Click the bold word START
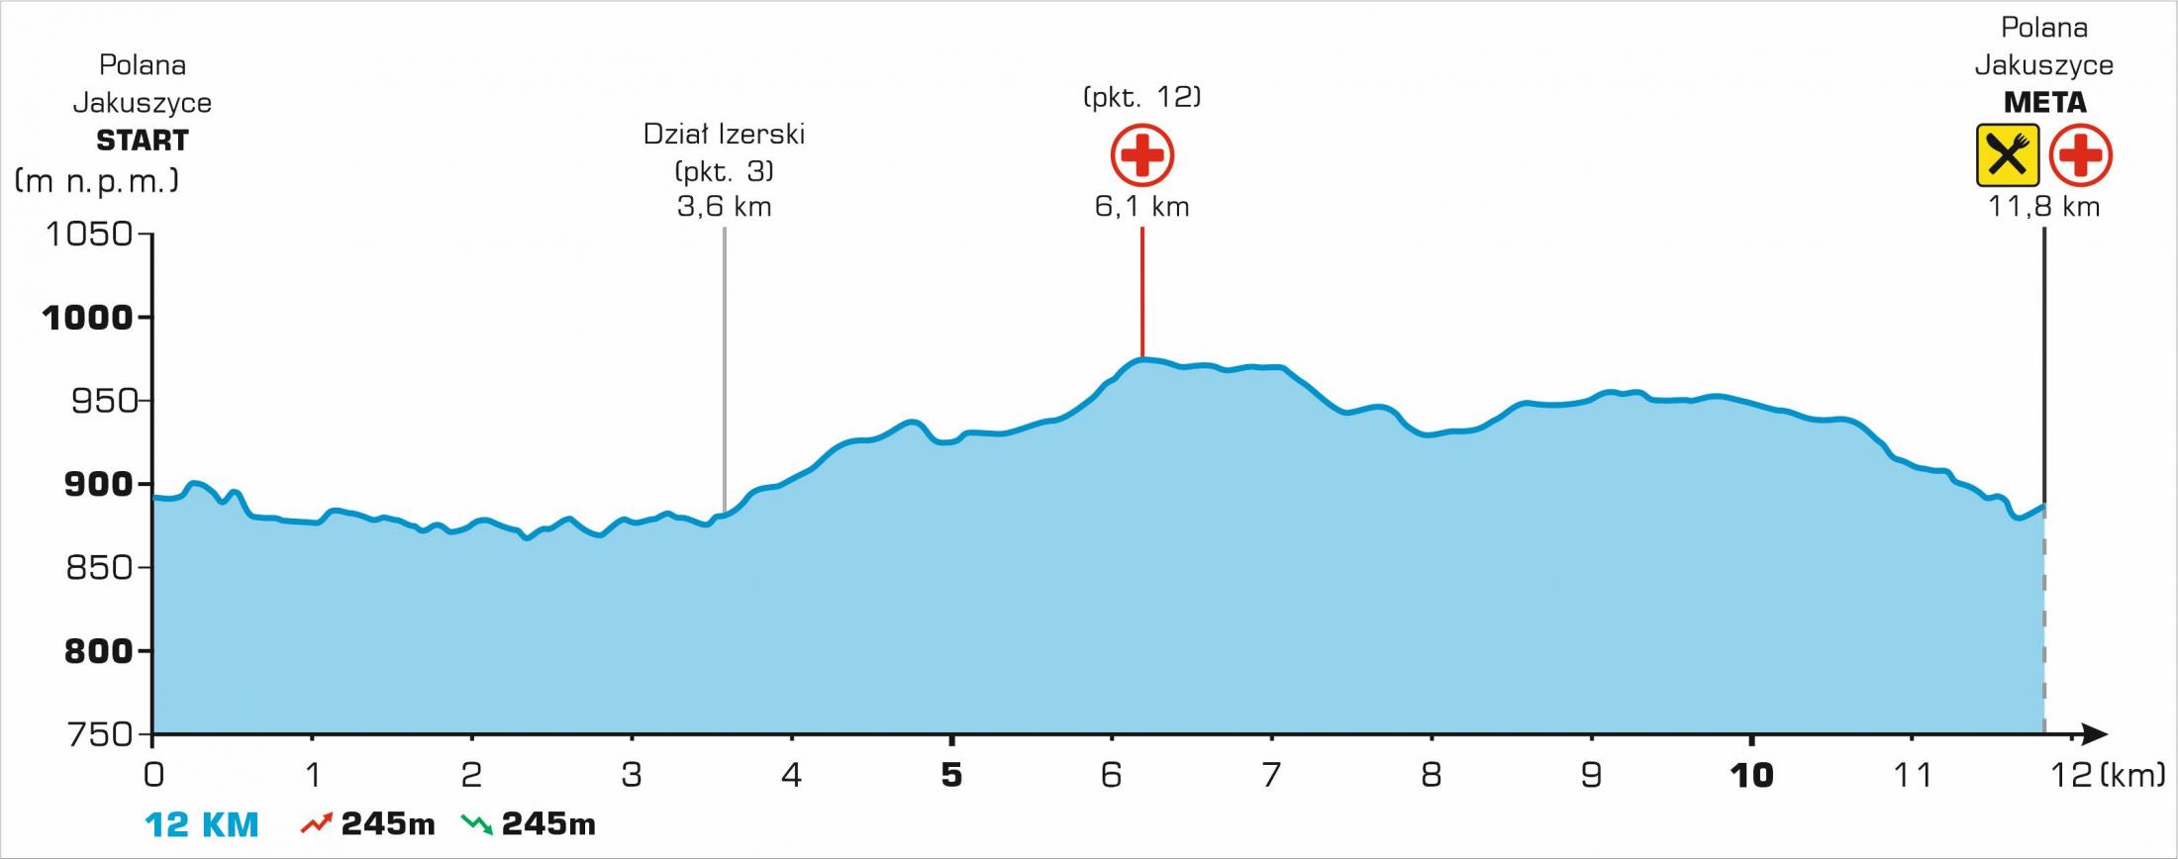tap(142, 141)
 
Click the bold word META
tap(2044, 103)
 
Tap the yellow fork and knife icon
tap(2007, 155)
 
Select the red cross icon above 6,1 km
tap(1141, 155)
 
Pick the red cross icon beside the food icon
tap(2080, 155)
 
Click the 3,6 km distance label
tap(724, 207)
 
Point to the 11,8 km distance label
tap(2044, 207)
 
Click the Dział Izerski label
tap(724, 134)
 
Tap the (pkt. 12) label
tap(1141, 97)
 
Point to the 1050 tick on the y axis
tap(89, 234)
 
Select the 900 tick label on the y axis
tap(98, 484)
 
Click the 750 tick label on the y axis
tap(98, 734)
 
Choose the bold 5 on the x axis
tap(951, 775)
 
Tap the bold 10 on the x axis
tap(1750, 775)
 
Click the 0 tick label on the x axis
tap(153, 775)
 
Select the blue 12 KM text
tap(202, 824)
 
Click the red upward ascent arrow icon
tap(316, 822)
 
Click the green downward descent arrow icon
tap(477, 822)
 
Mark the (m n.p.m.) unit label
tap(97, 181)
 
